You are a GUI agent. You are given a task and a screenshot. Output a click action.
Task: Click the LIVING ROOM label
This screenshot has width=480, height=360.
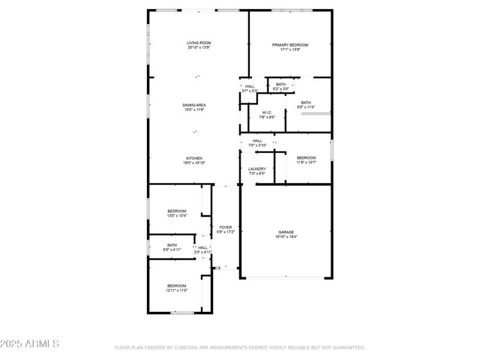[199, 43]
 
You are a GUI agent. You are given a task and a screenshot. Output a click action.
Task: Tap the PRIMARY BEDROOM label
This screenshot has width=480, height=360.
[290, 45]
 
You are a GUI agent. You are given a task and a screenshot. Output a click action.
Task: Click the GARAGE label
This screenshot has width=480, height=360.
[286, 232]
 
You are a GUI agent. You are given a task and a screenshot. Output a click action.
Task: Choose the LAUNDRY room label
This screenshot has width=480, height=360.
[257, 169]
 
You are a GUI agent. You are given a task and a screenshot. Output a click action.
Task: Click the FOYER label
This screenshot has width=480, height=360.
[225, 227]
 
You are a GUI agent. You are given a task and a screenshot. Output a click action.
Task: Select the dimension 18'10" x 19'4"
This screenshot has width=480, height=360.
[286, 237]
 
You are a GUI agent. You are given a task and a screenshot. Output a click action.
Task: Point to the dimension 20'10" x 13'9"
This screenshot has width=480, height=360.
[199, 48]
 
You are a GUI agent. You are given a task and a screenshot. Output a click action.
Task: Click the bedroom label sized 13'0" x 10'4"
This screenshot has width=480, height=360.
[177, 211]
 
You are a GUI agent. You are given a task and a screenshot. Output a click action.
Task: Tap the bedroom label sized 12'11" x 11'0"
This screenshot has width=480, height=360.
[176, 286]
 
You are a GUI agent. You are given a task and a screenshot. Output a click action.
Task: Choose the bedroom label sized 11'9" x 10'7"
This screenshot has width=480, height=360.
[305, 158]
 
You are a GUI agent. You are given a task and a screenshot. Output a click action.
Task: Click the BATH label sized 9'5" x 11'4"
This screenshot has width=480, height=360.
[306, 103]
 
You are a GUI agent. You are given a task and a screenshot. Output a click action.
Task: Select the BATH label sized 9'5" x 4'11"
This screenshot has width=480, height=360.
[172, 245]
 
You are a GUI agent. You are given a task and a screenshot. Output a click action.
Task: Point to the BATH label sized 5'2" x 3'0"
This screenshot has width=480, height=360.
[281, 85]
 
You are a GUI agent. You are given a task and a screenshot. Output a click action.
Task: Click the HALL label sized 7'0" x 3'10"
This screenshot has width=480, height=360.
[257, 140]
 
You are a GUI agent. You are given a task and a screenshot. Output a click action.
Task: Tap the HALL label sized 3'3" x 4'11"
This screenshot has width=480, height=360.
[203, 247]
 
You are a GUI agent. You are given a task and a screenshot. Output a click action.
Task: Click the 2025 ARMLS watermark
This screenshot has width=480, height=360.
[29, 344]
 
